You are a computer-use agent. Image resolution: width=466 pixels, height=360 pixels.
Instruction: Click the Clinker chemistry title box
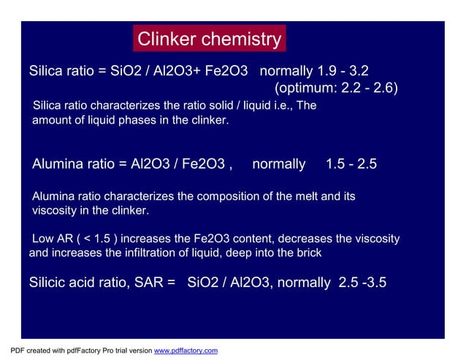(x=209, y=39)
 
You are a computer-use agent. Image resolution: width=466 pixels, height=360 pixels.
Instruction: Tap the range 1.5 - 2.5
(x=351, y=164)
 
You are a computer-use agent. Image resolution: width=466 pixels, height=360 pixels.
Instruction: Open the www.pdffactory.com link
(x=186, y=351)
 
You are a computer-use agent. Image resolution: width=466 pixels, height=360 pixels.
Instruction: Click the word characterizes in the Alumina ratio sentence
(x=136, y=196)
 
